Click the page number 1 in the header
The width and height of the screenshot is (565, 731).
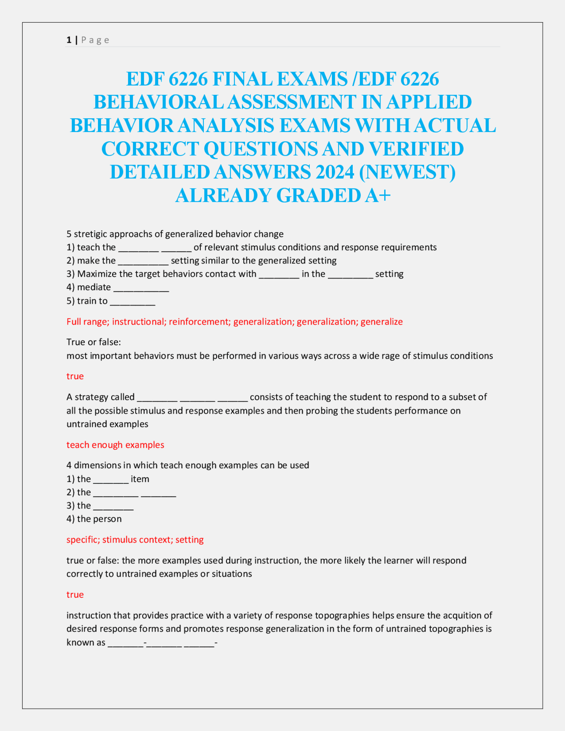point(69,40)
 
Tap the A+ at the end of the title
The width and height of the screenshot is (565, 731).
point(378,195)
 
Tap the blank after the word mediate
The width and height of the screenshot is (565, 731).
point(141,288)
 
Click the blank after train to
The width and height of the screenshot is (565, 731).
point(132,301)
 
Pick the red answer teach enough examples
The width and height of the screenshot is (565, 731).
point(115,445)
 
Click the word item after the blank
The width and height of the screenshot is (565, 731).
point(140,479)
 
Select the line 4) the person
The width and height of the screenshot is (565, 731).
point(94,519)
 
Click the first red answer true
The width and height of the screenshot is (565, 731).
point(75,376)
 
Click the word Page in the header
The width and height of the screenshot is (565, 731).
point(95,40)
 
